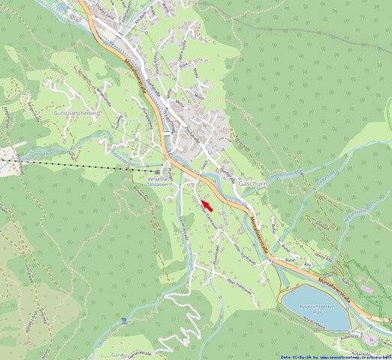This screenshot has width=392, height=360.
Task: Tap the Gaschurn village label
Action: click(254, 183)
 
